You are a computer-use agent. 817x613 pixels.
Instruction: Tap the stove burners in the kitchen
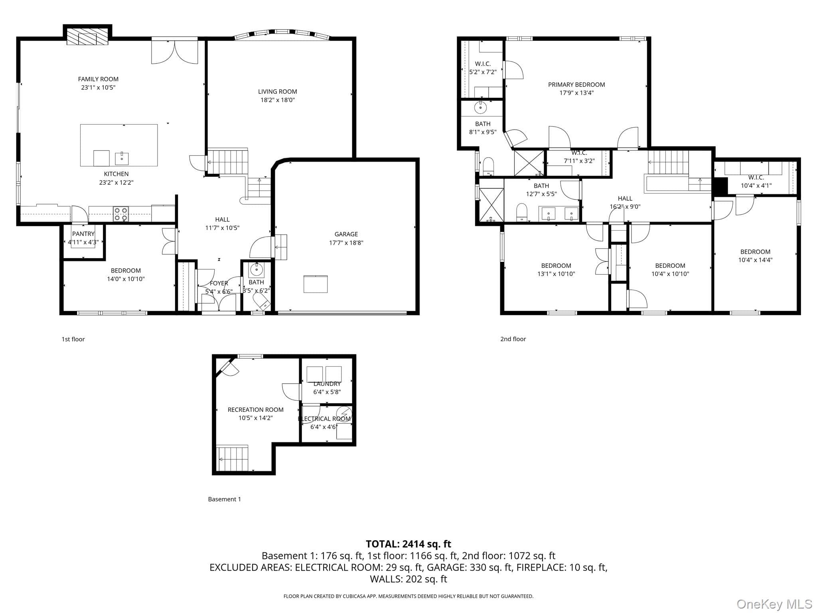[121, 214]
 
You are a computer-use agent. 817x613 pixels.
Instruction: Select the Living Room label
[278, 91]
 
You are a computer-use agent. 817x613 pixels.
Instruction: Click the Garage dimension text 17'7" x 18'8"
[346, 243]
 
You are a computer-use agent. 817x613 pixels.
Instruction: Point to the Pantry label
[83, 234]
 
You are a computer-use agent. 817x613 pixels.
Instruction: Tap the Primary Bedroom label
[576, 85]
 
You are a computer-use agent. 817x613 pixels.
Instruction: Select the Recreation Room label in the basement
[256, 410]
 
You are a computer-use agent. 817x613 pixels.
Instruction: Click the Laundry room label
[327, 384]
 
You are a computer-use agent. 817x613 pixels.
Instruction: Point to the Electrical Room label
[324, 419]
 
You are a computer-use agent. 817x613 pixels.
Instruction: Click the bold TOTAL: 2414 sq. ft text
[408, 544]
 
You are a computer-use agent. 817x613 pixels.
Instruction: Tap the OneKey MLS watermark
[774, 604]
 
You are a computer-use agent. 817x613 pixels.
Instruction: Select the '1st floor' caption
[73, 339]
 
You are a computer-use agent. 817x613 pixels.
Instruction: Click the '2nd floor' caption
[513, 339]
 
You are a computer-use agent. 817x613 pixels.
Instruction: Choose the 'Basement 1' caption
[225, 499]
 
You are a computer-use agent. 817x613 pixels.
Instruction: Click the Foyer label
[219, 283]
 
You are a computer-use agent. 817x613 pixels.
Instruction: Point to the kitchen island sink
[122, 158]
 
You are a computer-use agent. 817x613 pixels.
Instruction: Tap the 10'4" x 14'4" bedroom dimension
[755, 260]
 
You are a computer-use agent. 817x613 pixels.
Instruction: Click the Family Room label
[98, 79]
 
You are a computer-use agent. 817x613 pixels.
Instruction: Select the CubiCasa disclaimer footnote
[408, 596]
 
